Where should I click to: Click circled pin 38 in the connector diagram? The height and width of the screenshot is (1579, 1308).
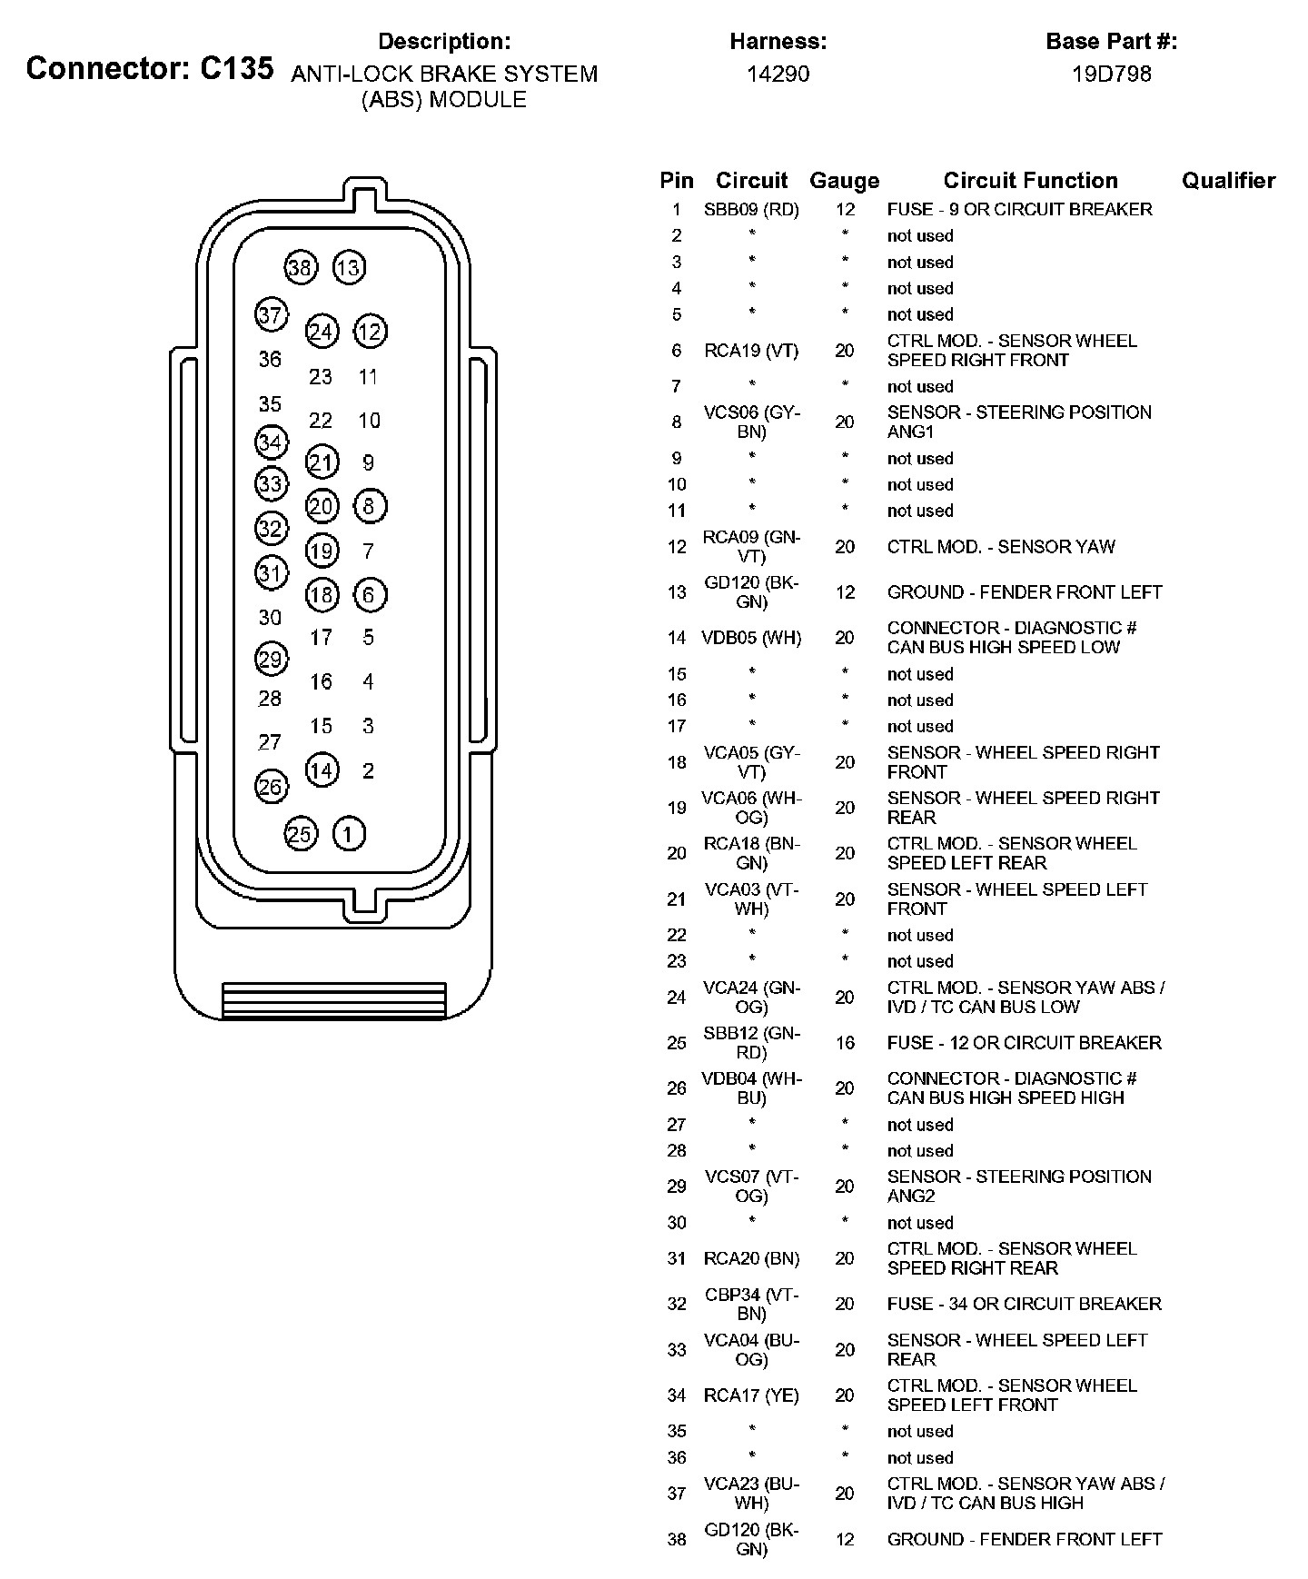click(x=300, y=268)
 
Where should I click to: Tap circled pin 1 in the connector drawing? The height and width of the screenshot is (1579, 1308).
click(x=350, y=834)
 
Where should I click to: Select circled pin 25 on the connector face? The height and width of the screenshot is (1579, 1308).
click(x=300, y=834)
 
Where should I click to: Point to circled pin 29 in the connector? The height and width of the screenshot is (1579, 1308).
click(x=271, y=659)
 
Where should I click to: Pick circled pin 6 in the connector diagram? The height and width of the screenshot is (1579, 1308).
click(x=369, y=595)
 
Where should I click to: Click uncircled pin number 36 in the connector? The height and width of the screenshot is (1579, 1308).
click(x=270, y=360)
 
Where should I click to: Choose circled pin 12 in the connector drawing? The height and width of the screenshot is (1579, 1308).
click(x=370, y=332)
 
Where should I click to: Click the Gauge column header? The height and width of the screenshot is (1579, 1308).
click(x=844, y=181)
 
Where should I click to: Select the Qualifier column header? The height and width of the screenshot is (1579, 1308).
click(x=1228, y=181)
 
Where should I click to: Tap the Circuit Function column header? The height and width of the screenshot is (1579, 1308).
click(x=1030, y=181)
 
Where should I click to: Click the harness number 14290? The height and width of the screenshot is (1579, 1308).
click(x=778, y=74)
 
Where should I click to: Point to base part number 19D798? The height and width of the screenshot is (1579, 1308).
click(x=1111, y=74)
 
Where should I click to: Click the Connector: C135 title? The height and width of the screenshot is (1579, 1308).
click(x=150, y=68)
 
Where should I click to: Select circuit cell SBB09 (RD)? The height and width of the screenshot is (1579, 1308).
click(x=751, y=210)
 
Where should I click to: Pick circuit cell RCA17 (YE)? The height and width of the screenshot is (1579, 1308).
click(x=751, y=1395)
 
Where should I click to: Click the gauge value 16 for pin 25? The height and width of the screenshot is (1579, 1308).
click(x=845, y=1043)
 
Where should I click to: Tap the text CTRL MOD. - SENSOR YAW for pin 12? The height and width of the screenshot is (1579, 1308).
click(x=1001, y=547)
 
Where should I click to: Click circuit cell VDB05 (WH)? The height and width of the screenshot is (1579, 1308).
click(x=751, y=638)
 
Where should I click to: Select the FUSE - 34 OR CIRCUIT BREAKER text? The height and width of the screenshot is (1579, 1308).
click(x=1024, y=1305)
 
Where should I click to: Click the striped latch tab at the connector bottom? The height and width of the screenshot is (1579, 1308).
click(x=334, y=1000)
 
